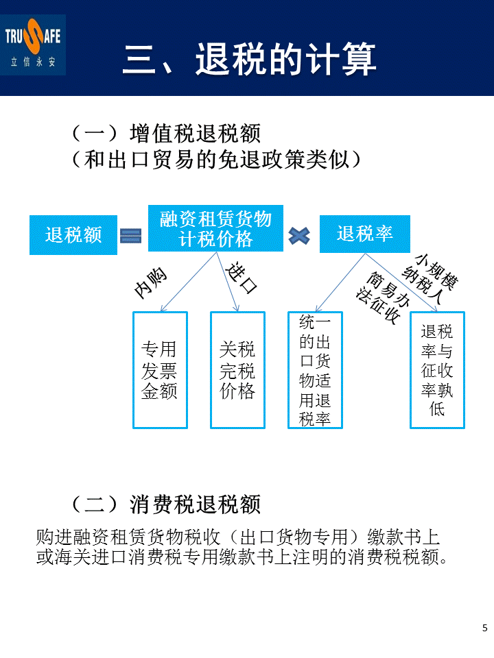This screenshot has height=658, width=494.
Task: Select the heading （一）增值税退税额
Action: point(166,132)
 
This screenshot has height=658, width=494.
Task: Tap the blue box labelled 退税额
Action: point(73,235)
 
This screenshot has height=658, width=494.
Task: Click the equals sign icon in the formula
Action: point(130,235)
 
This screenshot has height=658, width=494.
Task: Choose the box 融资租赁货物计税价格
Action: point(215,229)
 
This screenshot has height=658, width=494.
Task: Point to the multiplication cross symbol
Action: point(300,236)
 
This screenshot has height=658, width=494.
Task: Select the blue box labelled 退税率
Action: point(364,234)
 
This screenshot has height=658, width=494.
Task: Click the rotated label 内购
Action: point(150,282)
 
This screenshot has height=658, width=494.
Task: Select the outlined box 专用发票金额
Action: point(159,370)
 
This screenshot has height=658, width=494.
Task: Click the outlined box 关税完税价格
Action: point(237,370)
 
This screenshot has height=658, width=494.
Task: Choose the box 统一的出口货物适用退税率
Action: point(315,370)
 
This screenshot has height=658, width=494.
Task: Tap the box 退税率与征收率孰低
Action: point(437,370)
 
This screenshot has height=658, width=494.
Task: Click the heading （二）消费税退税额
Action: point(166,505)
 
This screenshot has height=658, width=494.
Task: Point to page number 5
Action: point(485,628)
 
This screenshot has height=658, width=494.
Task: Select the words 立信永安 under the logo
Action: point(35,60)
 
